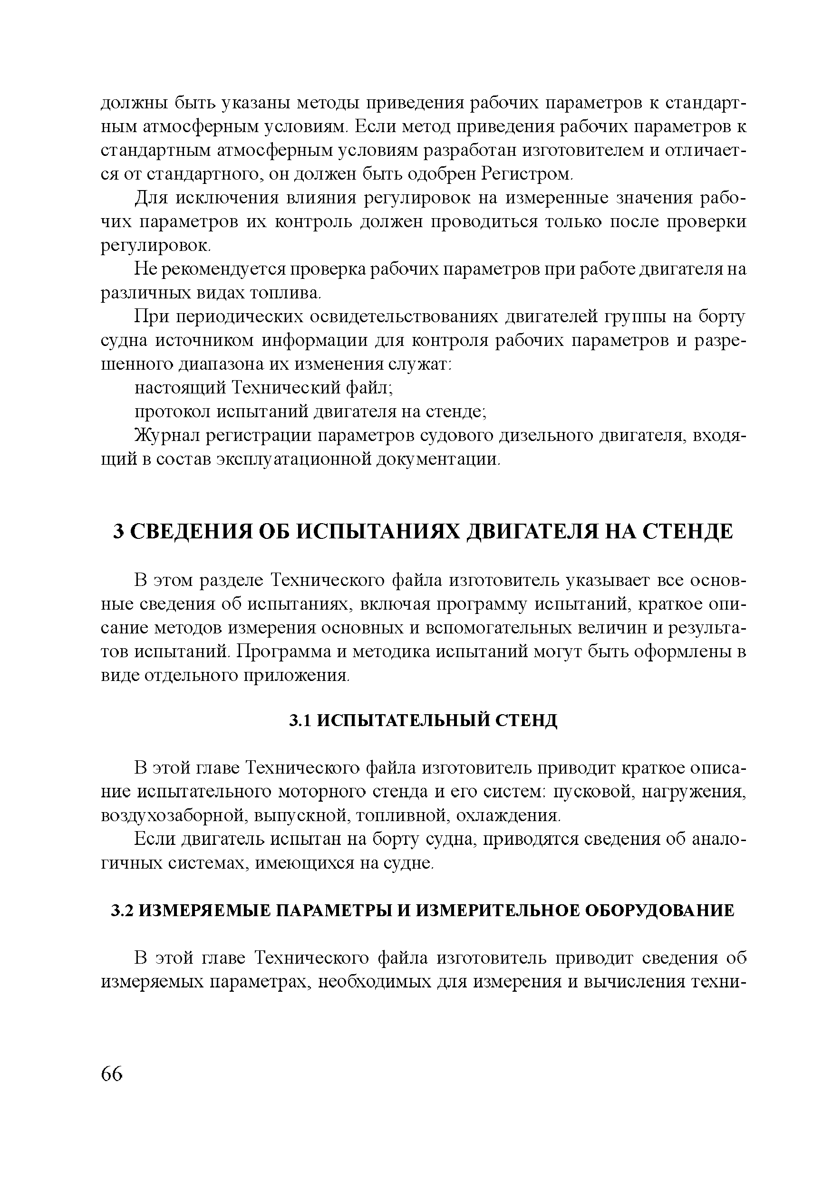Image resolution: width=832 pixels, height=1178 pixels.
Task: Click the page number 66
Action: [112, 1073]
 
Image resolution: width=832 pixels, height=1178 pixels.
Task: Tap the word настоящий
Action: [179, 387]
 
